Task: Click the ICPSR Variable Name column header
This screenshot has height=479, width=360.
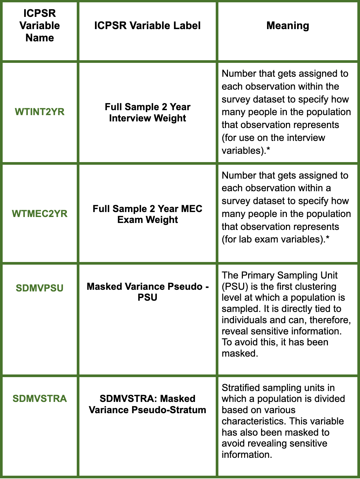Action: [x=40, y=25]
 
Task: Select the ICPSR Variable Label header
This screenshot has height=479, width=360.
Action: [x=147, y=25]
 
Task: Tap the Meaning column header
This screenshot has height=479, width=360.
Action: [x=288, y=25]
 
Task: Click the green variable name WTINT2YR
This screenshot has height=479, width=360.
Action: [x=40, y=112]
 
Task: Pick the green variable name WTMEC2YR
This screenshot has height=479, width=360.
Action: [x=40, y=214]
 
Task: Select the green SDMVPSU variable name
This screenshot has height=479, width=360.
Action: [x=40, y=288]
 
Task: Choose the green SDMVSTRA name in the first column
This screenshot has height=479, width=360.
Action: [x=40, y=399]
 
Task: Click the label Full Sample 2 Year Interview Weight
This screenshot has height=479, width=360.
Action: [x=148, y=112]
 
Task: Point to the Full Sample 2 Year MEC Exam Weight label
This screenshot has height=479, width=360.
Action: [x=148, y=214]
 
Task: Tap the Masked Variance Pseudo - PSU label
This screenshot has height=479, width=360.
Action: [x=148, y=292]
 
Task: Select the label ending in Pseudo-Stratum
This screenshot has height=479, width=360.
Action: [x=148, y=404]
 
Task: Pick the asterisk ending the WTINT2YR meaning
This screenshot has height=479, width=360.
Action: [x=268, y=150]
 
